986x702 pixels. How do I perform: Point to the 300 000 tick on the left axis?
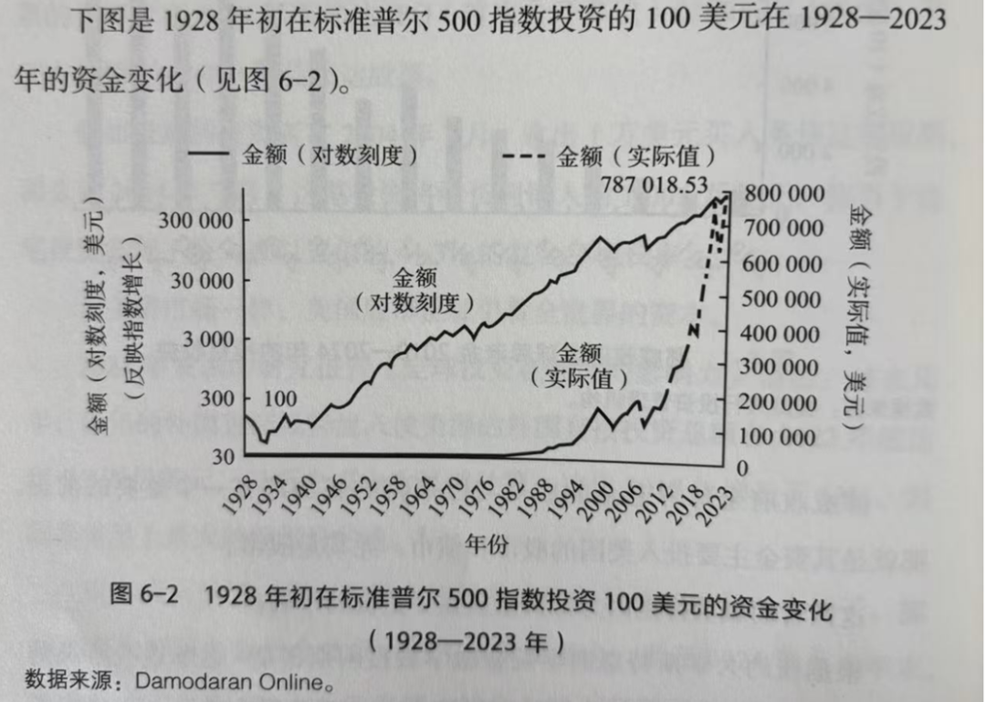point(193,221)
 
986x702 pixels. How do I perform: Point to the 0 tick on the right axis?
point(741,468)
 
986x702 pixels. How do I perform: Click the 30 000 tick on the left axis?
point(198,280)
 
